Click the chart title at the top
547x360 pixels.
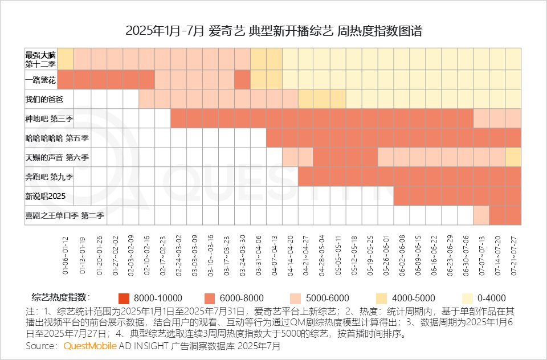tap(273, 31)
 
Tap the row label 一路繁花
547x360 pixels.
tap(39, 80)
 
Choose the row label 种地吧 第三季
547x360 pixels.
tap(50, 118)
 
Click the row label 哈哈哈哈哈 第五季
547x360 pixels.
tap(53, 138)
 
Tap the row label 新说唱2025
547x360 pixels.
tap(45, 196)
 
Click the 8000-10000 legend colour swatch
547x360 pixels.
tap(124, 298)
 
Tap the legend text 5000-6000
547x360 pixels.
tap(328, 298)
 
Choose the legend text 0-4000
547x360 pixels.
tap(492, 298)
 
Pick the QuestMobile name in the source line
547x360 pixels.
tap(90, 346)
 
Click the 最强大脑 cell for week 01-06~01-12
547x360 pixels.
tap(66, 59)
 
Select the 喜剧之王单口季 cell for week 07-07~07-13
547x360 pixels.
tap(481, 215)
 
